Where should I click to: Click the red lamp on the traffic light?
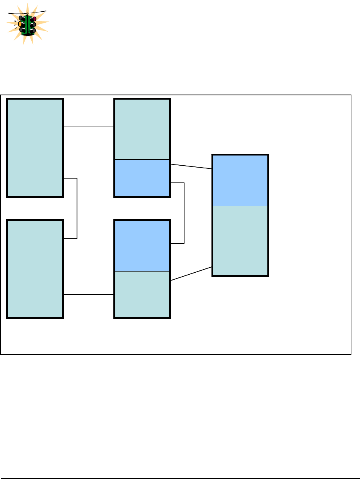point(34,18)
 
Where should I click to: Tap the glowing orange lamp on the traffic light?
point(20,23)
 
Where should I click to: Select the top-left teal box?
point(35,147)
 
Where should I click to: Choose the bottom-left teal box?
point(35,269)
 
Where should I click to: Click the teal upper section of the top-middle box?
point(142,129)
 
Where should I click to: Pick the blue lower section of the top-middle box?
point(142,178)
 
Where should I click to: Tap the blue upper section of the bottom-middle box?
point(142,245)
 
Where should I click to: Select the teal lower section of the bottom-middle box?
point(142,294)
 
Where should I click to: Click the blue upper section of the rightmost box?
point(240,180)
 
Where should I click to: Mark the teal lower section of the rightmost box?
point(240,240)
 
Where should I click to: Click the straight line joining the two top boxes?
point(89,127)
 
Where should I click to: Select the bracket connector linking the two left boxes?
point(77,208)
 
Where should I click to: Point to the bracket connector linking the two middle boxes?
point(184,213)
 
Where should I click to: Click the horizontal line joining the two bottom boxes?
point(89,295)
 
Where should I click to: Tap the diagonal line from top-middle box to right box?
point(192,166)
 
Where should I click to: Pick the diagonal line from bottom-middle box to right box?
point(192,273)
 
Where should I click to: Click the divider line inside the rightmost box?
point(240,206)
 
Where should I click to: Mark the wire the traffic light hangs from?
point(39,11)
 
